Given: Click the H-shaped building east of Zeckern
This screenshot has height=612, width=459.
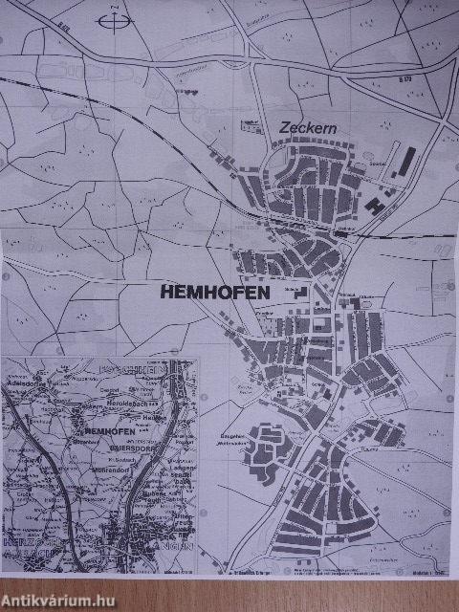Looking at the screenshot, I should click(378, 204).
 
